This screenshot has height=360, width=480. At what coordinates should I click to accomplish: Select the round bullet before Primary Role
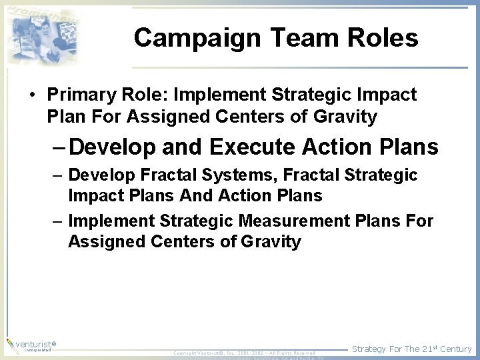(x=31, y=95)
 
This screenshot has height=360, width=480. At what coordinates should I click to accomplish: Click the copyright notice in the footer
(x=244, y=353)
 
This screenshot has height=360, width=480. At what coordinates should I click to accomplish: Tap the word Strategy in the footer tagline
(x=369, y=349)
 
